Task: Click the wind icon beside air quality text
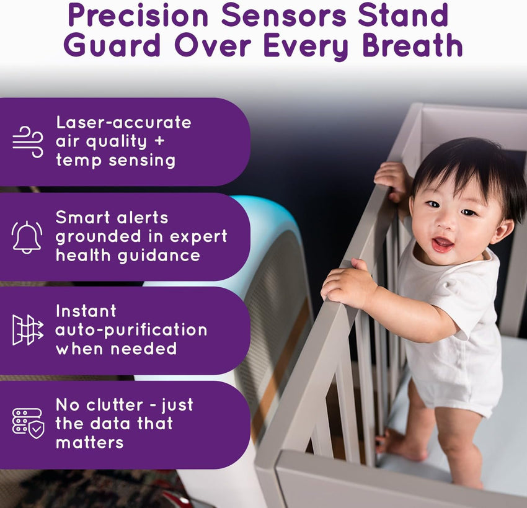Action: tap(28, 141)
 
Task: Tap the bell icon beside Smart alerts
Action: tap(28, 236)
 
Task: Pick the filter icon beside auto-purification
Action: tap(28, 329)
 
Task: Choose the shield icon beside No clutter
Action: tap(28, 423)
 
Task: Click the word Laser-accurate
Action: tap(123, 122)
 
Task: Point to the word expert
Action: tap(198, 236)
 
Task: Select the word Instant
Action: tap(86, 311)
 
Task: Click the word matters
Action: tap(89, 442)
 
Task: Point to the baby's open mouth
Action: tap(443, 243)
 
